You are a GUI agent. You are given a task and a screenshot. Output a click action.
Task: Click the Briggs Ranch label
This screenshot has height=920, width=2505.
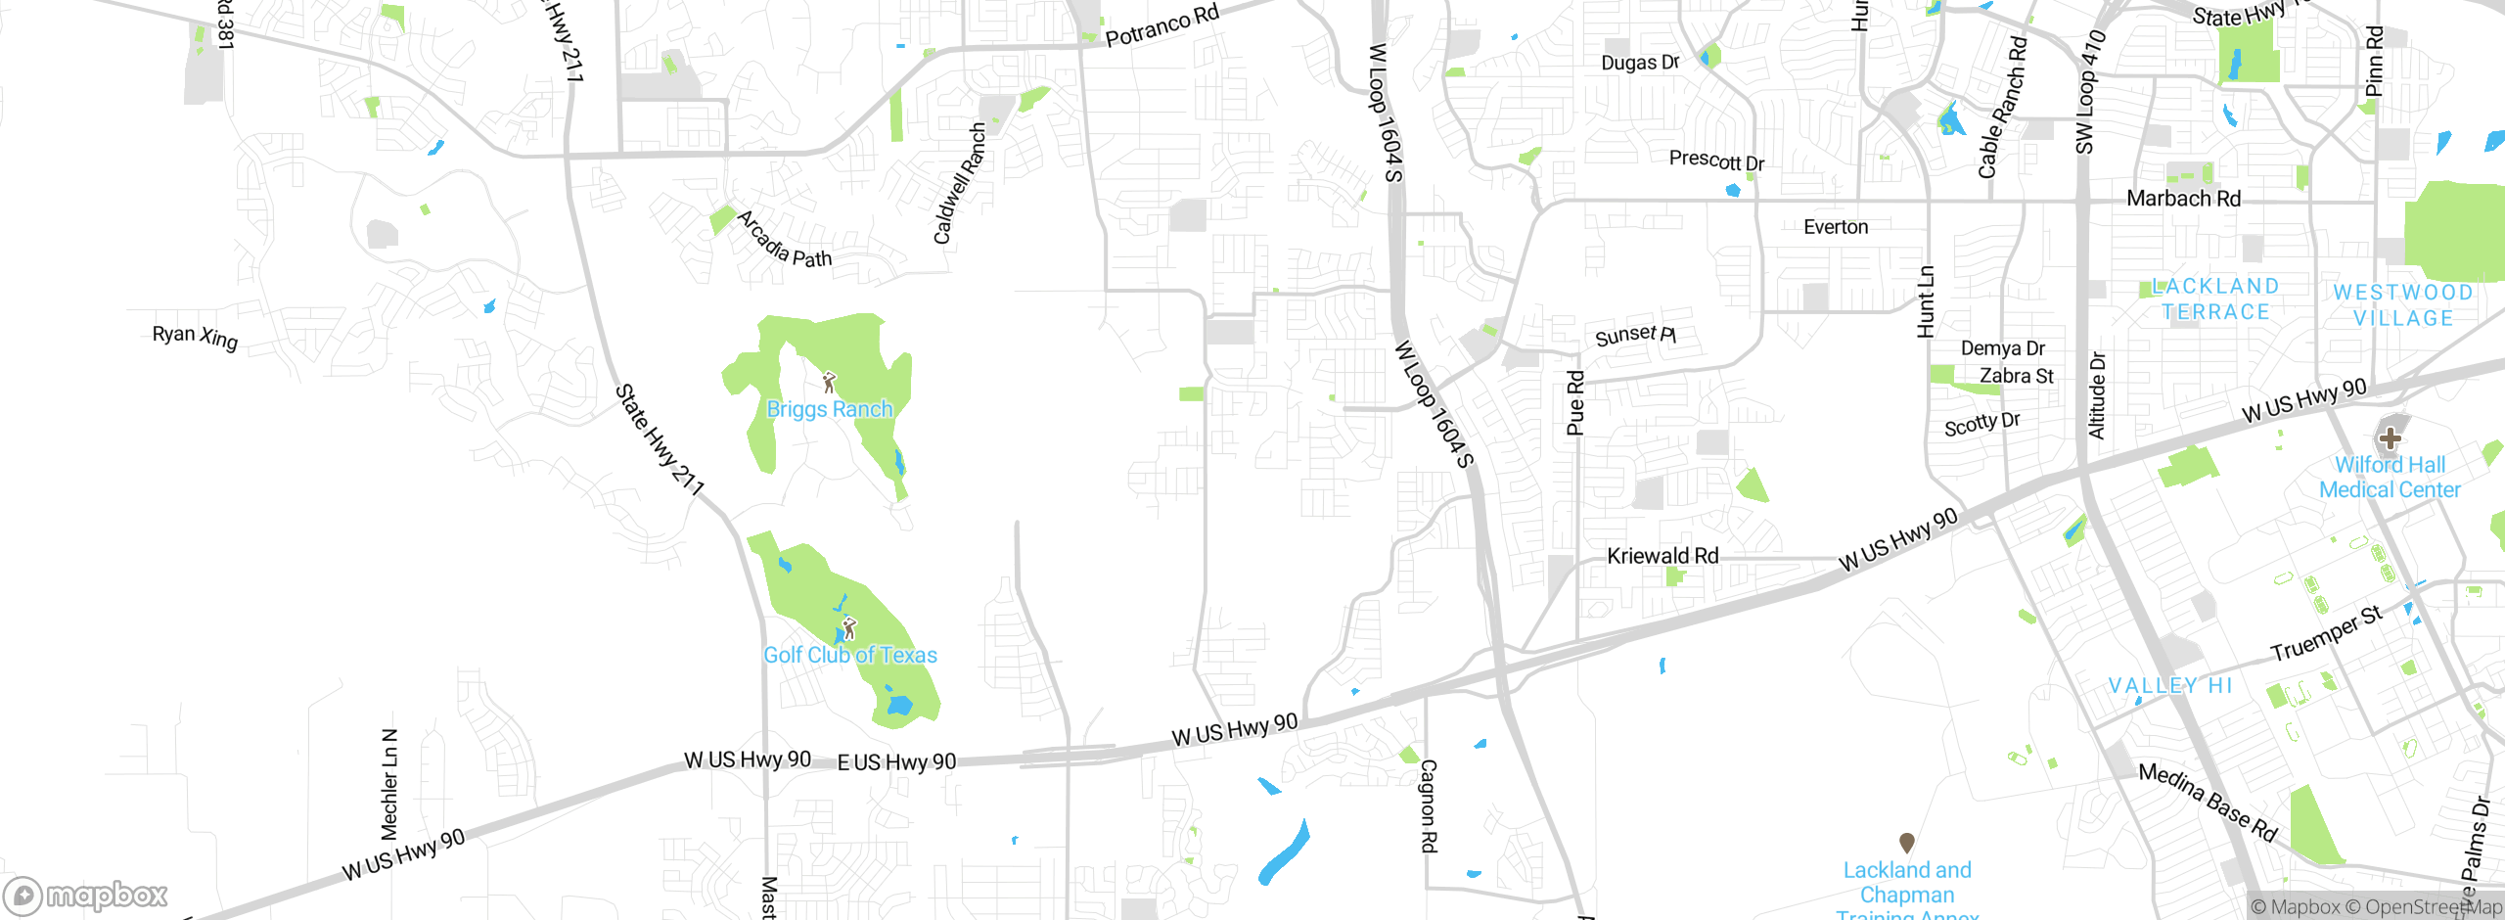point(830,409)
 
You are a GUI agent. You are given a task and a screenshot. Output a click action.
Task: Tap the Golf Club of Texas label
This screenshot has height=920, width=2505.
point(849,655)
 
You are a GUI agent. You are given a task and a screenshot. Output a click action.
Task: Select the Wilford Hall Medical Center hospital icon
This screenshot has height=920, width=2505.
point(2390,437)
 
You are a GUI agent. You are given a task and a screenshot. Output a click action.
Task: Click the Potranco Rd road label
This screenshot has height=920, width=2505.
point(1161,25)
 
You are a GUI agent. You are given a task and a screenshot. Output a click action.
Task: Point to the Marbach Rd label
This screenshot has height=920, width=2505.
point(2183,199)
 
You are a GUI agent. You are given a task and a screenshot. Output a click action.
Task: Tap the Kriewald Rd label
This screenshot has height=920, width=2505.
point(1662,556)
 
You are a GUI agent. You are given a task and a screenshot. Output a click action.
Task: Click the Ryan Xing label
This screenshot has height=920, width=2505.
point(195,337)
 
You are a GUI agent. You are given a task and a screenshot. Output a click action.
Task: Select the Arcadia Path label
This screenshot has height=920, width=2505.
point(784,240)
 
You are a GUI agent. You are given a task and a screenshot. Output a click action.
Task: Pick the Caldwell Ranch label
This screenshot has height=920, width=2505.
point(959,183)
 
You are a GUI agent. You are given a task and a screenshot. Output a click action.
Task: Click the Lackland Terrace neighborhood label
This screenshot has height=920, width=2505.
point(2216,299)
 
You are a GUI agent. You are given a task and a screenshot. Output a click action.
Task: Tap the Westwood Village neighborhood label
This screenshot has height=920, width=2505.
point(2402,305)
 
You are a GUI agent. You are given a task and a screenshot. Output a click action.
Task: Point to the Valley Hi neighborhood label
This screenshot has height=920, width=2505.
point(2170,685)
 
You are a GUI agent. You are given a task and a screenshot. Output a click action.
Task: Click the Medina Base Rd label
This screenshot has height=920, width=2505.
point(2208,802)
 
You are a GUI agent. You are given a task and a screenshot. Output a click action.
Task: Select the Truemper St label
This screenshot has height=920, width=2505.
point(2326,633)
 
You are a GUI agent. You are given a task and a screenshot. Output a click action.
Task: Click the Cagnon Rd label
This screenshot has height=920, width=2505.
point(1429,805)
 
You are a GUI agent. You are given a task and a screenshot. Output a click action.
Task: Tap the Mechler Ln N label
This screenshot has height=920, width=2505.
point(389,784)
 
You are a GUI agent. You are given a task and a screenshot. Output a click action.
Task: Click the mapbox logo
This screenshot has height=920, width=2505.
point(86,895)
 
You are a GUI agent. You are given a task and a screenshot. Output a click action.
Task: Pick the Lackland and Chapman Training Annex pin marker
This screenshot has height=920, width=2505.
point(1906,843)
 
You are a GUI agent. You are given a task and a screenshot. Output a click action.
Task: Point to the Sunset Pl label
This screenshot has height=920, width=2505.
point(1635,336)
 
